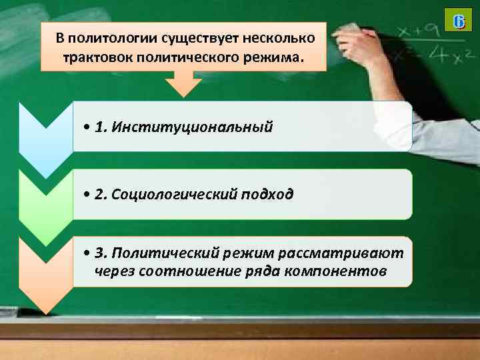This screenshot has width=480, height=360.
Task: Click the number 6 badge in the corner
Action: (x=458, y=21)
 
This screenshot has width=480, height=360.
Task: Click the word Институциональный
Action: (x=193, y=127)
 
